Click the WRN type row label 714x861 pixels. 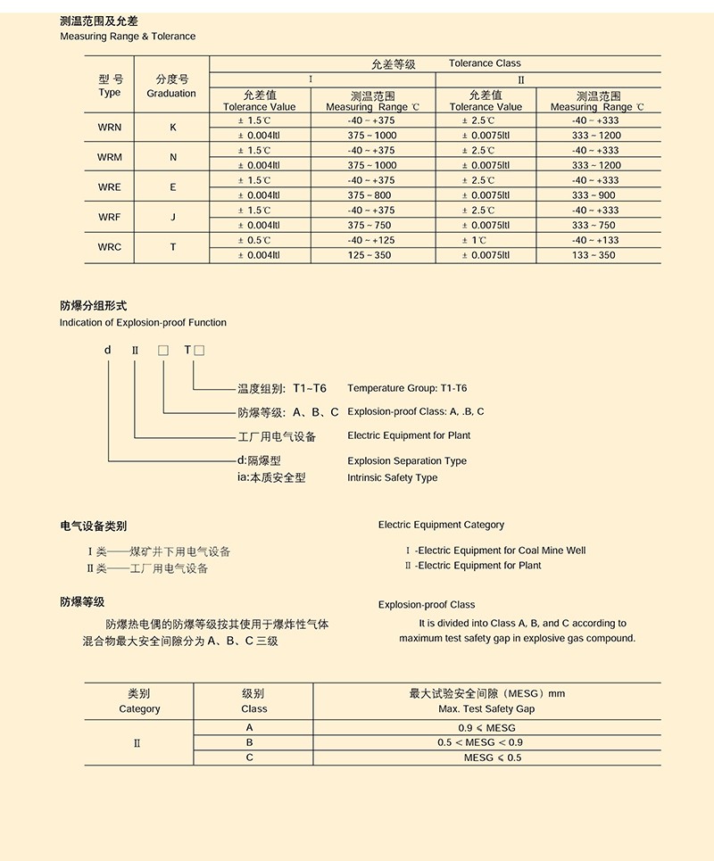(110, 127)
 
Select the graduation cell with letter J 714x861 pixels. (173, 217)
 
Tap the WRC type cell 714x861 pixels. (110, 247)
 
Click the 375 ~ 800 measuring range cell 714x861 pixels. (369, 195)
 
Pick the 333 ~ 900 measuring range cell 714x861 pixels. (594, 195)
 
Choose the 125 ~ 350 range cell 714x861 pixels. (369, 255)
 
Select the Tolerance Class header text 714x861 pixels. (485, 63)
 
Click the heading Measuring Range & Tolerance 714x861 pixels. (128, 37)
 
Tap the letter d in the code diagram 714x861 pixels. (108, 350)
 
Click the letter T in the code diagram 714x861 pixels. (187, 350)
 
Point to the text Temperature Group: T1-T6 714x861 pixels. (407, 388)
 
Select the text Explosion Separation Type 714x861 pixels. (407, 461)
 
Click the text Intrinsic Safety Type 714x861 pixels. (393, 477)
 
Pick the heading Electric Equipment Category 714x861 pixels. (441, 525)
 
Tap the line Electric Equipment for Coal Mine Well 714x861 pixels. (496, 551)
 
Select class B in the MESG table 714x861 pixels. (250, 742)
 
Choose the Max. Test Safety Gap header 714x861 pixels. (486, 709)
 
